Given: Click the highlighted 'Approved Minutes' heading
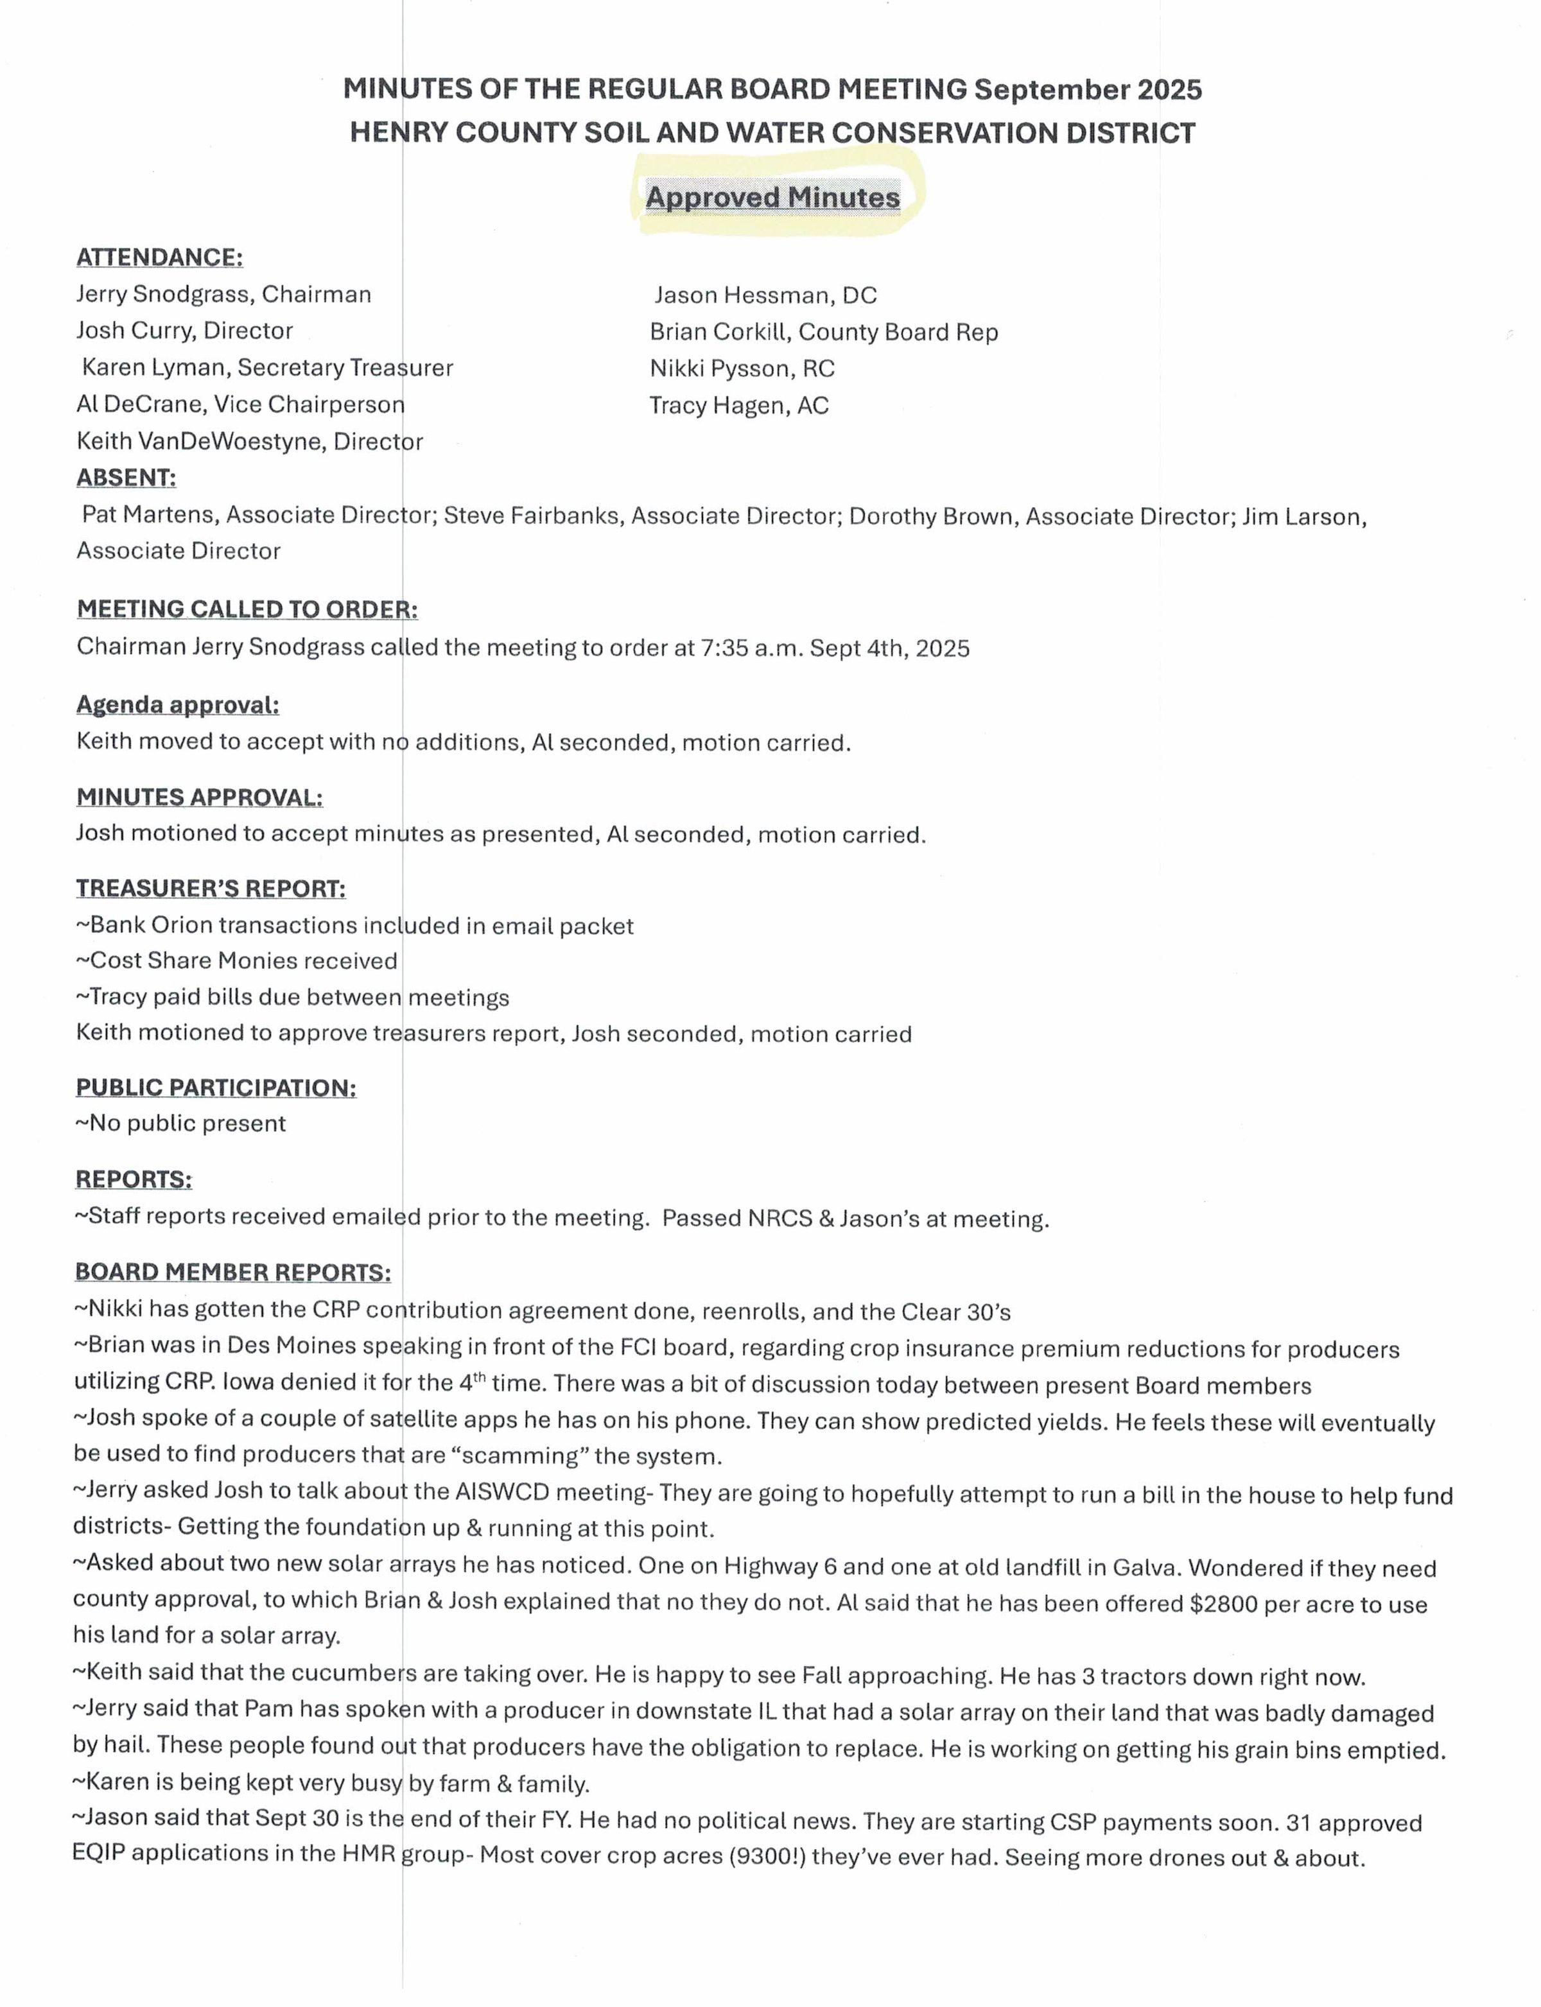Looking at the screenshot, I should coord(772,197).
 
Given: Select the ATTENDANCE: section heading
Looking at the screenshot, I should coord(160,257).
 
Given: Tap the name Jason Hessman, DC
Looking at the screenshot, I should coord(765,295).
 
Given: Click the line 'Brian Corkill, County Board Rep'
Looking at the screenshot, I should coord(824,332).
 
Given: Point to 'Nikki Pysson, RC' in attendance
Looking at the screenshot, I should coord(742,369).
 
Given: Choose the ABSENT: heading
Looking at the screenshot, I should coord(126,478).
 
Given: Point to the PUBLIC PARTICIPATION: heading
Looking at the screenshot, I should coord(216,1087).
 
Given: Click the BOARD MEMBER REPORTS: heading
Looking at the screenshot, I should coord(233,1273).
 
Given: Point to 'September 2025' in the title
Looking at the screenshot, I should coord(1088,90).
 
